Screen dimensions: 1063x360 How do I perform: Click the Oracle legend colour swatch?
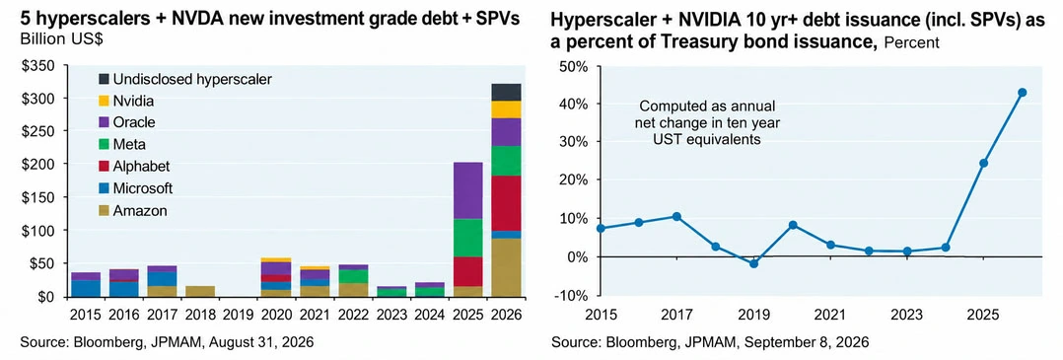pyautogui.click(x=105, y=122)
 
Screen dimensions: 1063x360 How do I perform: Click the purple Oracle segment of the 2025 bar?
pyautogui.click(x=467, y=190)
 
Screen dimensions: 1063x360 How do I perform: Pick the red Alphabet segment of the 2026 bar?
pyautogui.click(x=506, y=203)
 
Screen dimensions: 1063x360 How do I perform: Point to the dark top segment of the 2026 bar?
pyautogui.click(x=506, y=92)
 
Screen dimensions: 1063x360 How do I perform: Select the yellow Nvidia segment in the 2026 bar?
pyautogui.click(x=506, y=109)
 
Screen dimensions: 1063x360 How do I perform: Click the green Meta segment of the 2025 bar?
pyautogui.click(x=467, y=238)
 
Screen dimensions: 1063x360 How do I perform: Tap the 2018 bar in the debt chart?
pyautogui.click(x=200, y=292)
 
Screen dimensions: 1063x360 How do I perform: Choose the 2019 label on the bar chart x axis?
pyautogui.click(x=238, y=316)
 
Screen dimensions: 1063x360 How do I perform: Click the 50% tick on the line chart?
pyautogui.click(x=574, y=66)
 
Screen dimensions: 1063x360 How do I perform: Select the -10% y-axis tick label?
pyautogui.click(x=572, y=295)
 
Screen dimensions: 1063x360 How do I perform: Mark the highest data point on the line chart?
pyautogui.click(x=1023, y=92)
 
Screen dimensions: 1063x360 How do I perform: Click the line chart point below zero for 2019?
pyautogui.click(x=753, y=263)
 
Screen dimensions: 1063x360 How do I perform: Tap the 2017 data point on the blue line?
pyautogui.click(x=675, y=216)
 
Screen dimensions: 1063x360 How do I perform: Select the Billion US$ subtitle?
pyautogui.click(x=61, y=39)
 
